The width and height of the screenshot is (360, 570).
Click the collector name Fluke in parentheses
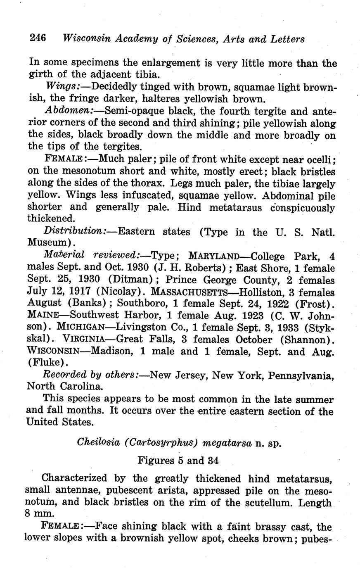pyautogui.click(x=46, y=364)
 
